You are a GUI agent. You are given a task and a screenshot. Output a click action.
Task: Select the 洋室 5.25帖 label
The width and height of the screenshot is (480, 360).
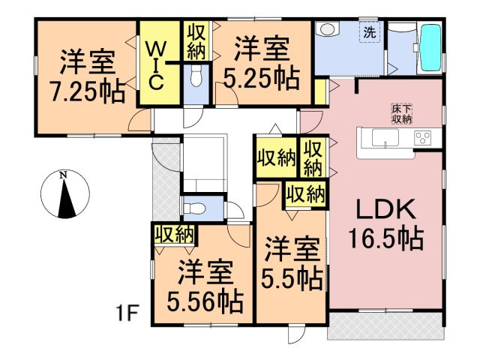(x=260, y=64)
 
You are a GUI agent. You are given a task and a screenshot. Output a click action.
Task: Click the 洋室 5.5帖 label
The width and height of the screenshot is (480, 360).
(x=292, y=264)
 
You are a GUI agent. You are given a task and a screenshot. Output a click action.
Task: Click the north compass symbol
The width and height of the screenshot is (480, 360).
(x=64, y=193)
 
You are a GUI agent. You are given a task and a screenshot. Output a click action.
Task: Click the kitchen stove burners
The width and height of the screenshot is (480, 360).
(x=421, y=138)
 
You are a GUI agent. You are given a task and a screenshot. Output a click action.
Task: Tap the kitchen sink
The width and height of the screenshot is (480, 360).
(x=380, y=138)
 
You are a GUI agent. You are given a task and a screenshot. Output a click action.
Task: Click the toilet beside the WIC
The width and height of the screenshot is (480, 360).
(x=196, y=76)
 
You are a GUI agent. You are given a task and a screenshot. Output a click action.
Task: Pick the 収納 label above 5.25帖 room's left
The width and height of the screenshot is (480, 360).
(x=196, y=42)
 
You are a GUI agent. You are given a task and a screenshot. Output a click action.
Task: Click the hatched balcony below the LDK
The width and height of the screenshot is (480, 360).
(x=385, y=323)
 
